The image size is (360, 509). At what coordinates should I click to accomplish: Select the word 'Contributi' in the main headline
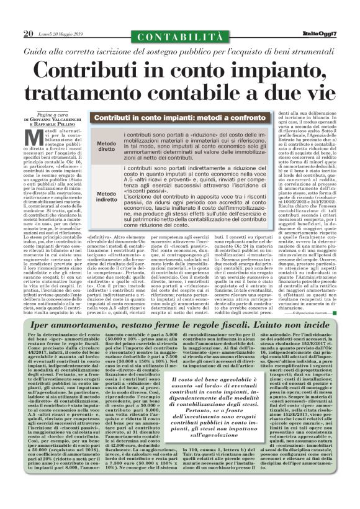pyautogui.click(x=94, y=69)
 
